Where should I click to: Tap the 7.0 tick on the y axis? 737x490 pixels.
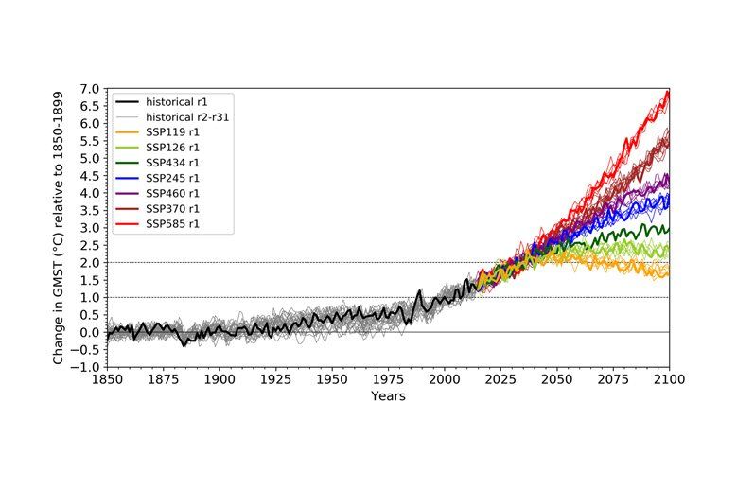click(89, 89)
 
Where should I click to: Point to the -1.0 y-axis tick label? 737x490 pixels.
click(86, 367)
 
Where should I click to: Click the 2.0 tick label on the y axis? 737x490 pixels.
click(89, 263)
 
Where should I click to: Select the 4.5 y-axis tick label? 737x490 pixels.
click(89, 176)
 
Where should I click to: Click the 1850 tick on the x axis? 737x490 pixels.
click(106, 379)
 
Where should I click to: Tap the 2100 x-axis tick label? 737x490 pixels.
click(669, 379)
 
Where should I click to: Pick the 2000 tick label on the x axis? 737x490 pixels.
click(444, 379)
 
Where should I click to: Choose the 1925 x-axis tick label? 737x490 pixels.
click(275, 379)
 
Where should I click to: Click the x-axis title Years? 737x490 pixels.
click(388, 396)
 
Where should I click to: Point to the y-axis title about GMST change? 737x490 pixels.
click(59, 227)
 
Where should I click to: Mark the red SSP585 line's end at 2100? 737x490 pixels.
click(668, 92)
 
